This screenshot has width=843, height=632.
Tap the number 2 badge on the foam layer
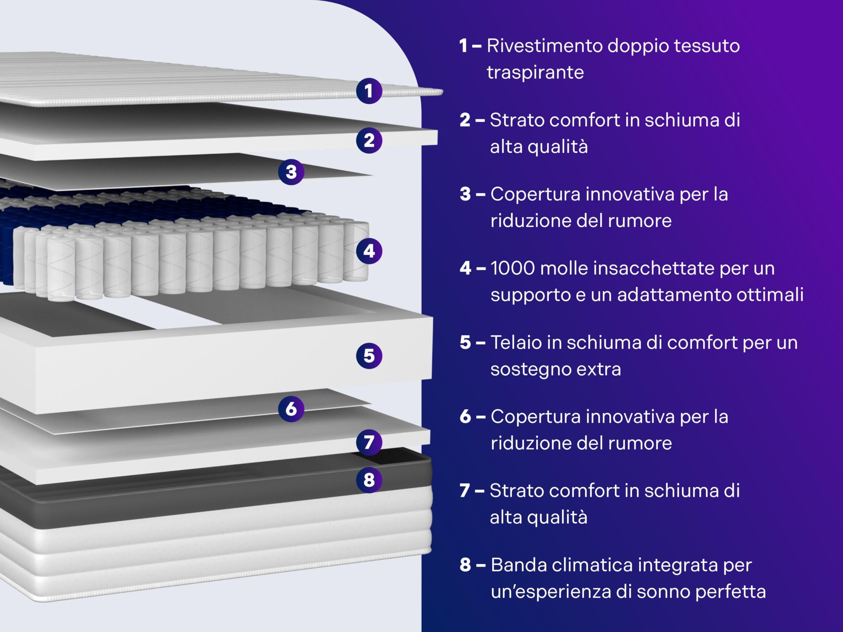click(369, 141)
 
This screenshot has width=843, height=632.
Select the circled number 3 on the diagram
click(291, 172)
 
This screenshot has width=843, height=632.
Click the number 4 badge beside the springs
click(369, 251)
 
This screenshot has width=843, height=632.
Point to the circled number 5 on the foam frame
click(369, 356)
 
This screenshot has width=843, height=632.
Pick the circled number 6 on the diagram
click(291, 409)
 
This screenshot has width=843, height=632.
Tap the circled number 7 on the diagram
click(369, 442)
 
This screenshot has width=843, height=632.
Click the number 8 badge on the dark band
click(369, 480)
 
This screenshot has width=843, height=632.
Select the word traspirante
click(535, 73)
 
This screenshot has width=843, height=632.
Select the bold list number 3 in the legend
click(465, 194)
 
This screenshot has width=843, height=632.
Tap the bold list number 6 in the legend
click(465, 417)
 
